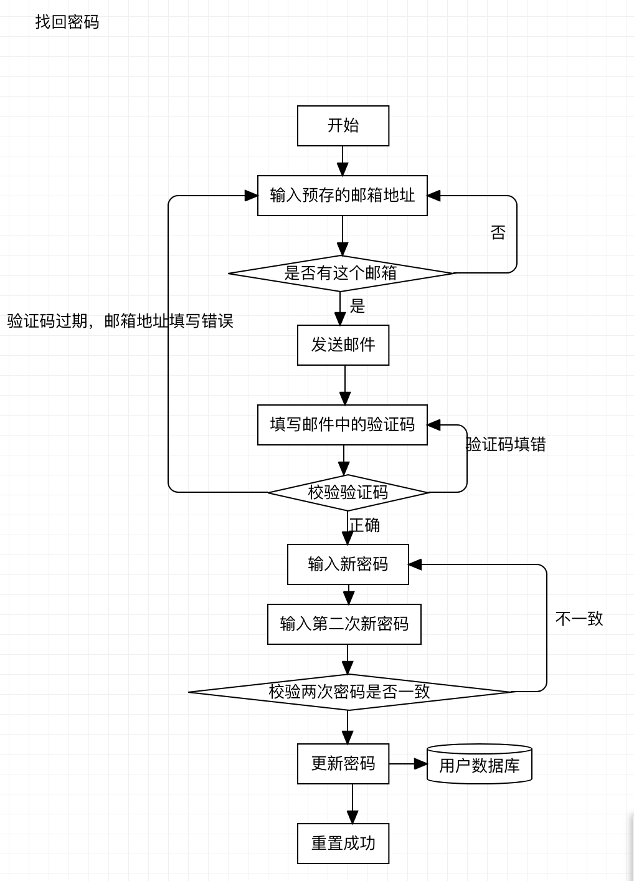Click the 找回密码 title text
[67, 22]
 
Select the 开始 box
[343, 126]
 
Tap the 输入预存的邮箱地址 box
[342, 196]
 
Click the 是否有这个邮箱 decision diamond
[341, 273]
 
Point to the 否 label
[498, 233]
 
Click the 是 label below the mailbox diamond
[357, 306]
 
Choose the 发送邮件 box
[343, 345]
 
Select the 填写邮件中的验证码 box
[342, 425]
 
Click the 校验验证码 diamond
[348, 492]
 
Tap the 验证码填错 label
[506, 444]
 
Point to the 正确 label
[364, 525]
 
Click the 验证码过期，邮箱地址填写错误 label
[120, 321]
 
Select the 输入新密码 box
[348, 564]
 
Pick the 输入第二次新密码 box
[344, 624]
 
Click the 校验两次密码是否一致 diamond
[349, 692]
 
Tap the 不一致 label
[579, 619]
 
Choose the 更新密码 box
[343, 764]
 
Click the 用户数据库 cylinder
[479, 764]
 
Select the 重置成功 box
[343, 844]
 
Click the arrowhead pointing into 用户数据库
[421, 764]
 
